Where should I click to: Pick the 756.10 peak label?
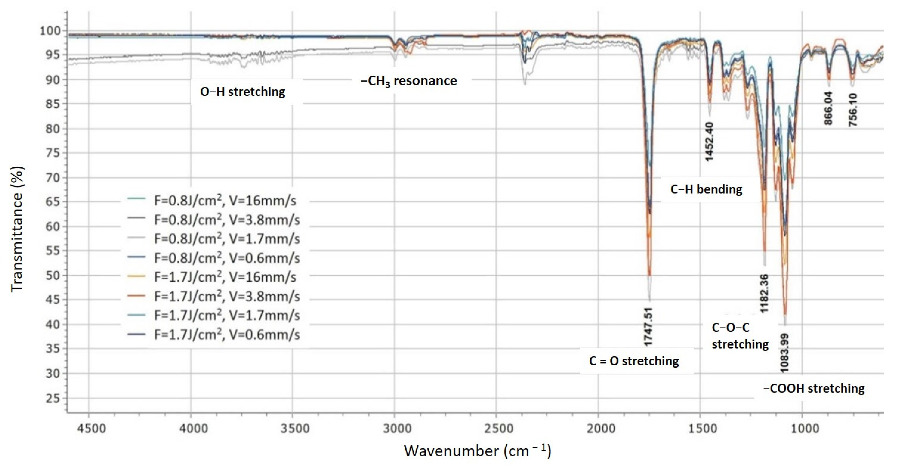pos(853,110)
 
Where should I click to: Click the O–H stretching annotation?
pos(243,92)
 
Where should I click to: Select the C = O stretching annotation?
pos(634,361)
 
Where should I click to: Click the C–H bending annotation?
pos(706,189)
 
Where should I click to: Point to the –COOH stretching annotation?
pos(814,388)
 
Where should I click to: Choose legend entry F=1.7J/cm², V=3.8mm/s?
pos(227,296)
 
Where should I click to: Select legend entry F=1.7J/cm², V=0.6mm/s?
pos(227,335)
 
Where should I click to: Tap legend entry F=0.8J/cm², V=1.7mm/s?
pos(227,239)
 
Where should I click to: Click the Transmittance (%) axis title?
pos(17,229)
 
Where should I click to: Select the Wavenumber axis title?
pos(477,451)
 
